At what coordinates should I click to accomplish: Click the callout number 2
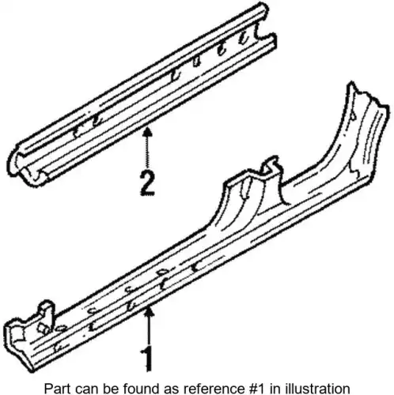[x=147, y=183]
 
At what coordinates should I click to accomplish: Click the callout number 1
[x=147, y=359]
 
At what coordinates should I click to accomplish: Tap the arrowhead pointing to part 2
[x=148, y=131]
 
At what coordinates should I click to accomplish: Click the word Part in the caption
[x=57, y=389]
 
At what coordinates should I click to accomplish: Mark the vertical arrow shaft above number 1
[x=150, y=329]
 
